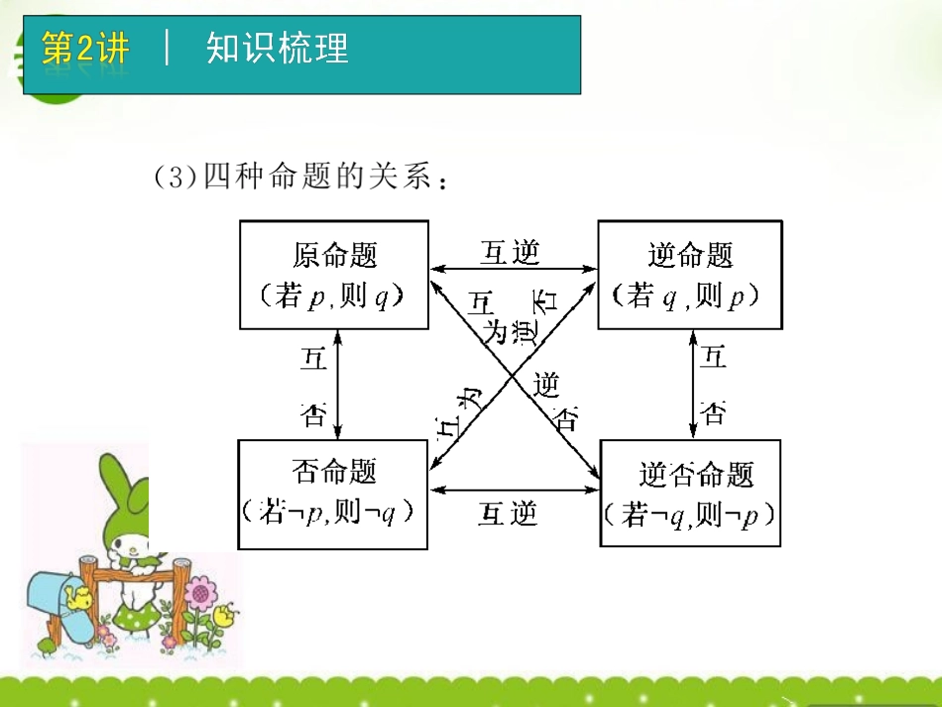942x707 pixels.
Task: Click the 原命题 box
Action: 334,275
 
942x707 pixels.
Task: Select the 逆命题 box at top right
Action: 689,275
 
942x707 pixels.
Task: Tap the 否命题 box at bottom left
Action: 332,494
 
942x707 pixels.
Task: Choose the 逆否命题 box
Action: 690,494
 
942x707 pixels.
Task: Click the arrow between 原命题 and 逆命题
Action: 513,269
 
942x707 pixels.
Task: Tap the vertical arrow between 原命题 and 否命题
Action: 338,385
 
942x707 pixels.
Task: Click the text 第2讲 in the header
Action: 85,49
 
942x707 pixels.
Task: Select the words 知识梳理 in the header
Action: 278,49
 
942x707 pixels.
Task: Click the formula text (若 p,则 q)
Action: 334,296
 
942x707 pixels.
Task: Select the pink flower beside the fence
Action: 201,596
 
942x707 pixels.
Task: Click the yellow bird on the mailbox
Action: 76,596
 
